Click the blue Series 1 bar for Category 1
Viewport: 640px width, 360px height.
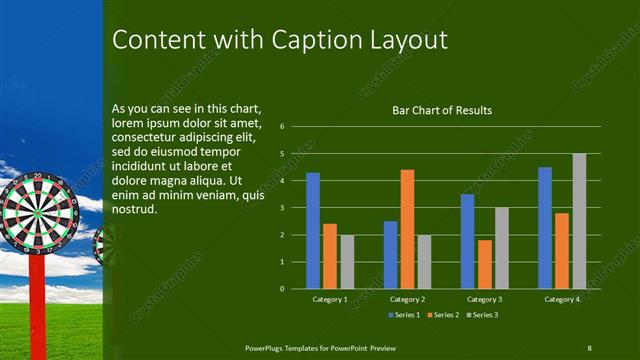[313, 230]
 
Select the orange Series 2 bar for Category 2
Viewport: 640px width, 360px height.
[407, 229]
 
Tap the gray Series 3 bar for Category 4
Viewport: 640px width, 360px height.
[579, 221]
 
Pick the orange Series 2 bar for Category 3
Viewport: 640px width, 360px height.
[485, 264]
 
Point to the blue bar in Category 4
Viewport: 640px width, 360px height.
[545, 227]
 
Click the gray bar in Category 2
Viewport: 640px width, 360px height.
[424, 261]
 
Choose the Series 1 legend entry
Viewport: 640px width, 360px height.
[403, 315]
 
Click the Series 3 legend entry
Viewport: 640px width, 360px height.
[482, 315]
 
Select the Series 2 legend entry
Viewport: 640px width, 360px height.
[442, 315]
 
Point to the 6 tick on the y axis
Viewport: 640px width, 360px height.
[283, 127]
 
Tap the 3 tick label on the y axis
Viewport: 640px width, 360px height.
[283, 208]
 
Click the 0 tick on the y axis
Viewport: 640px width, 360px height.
[283, 289]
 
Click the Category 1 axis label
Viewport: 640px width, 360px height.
[330, 299]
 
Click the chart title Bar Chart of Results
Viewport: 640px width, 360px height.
[441, 110]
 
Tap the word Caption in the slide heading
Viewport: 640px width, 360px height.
[315, 40]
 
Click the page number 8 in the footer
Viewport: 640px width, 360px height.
[590, 346]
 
